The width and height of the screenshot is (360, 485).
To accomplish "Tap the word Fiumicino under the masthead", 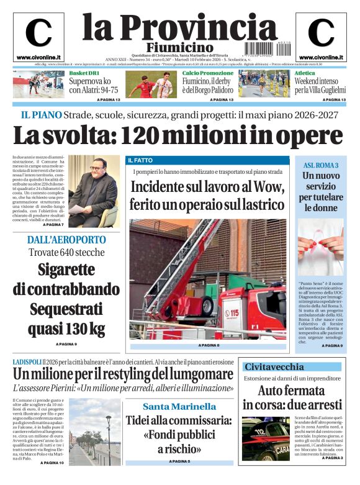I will (179, 48).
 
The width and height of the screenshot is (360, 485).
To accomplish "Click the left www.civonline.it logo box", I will (38, 37).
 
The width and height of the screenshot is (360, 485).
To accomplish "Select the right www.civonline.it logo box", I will (321, 37).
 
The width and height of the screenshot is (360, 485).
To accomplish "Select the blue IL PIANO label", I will (42, 114).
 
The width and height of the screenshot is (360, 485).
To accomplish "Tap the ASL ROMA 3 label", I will (320, 165).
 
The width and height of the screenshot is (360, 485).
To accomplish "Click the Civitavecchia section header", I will (274, 366).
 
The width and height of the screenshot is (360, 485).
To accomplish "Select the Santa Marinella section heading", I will (179, 407).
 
